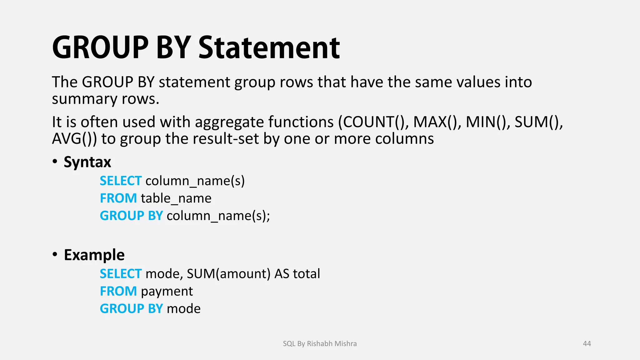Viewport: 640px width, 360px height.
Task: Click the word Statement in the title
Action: point(269,47)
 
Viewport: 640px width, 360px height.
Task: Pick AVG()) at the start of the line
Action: point(74,139)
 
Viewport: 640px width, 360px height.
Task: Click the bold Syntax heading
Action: point(87,162)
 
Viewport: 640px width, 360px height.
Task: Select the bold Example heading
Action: point(94,255)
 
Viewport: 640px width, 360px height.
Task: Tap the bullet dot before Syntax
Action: point(55,162)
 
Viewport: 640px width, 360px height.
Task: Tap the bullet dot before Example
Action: point(55,254)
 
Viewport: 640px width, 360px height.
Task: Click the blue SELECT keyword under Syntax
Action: point(121,181)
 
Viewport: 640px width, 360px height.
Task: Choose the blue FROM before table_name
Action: point(118,198)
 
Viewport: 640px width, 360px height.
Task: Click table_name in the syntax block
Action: point(176,198)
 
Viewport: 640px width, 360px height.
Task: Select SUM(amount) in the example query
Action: point(228,274)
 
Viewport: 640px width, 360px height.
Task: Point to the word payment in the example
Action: point(167,292)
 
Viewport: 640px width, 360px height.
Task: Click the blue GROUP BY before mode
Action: point(131,309)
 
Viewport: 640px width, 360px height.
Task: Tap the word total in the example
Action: point(306,274)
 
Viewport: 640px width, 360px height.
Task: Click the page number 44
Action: point(587,343)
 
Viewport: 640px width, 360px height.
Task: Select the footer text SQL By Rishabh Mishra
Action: point(320,343)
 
